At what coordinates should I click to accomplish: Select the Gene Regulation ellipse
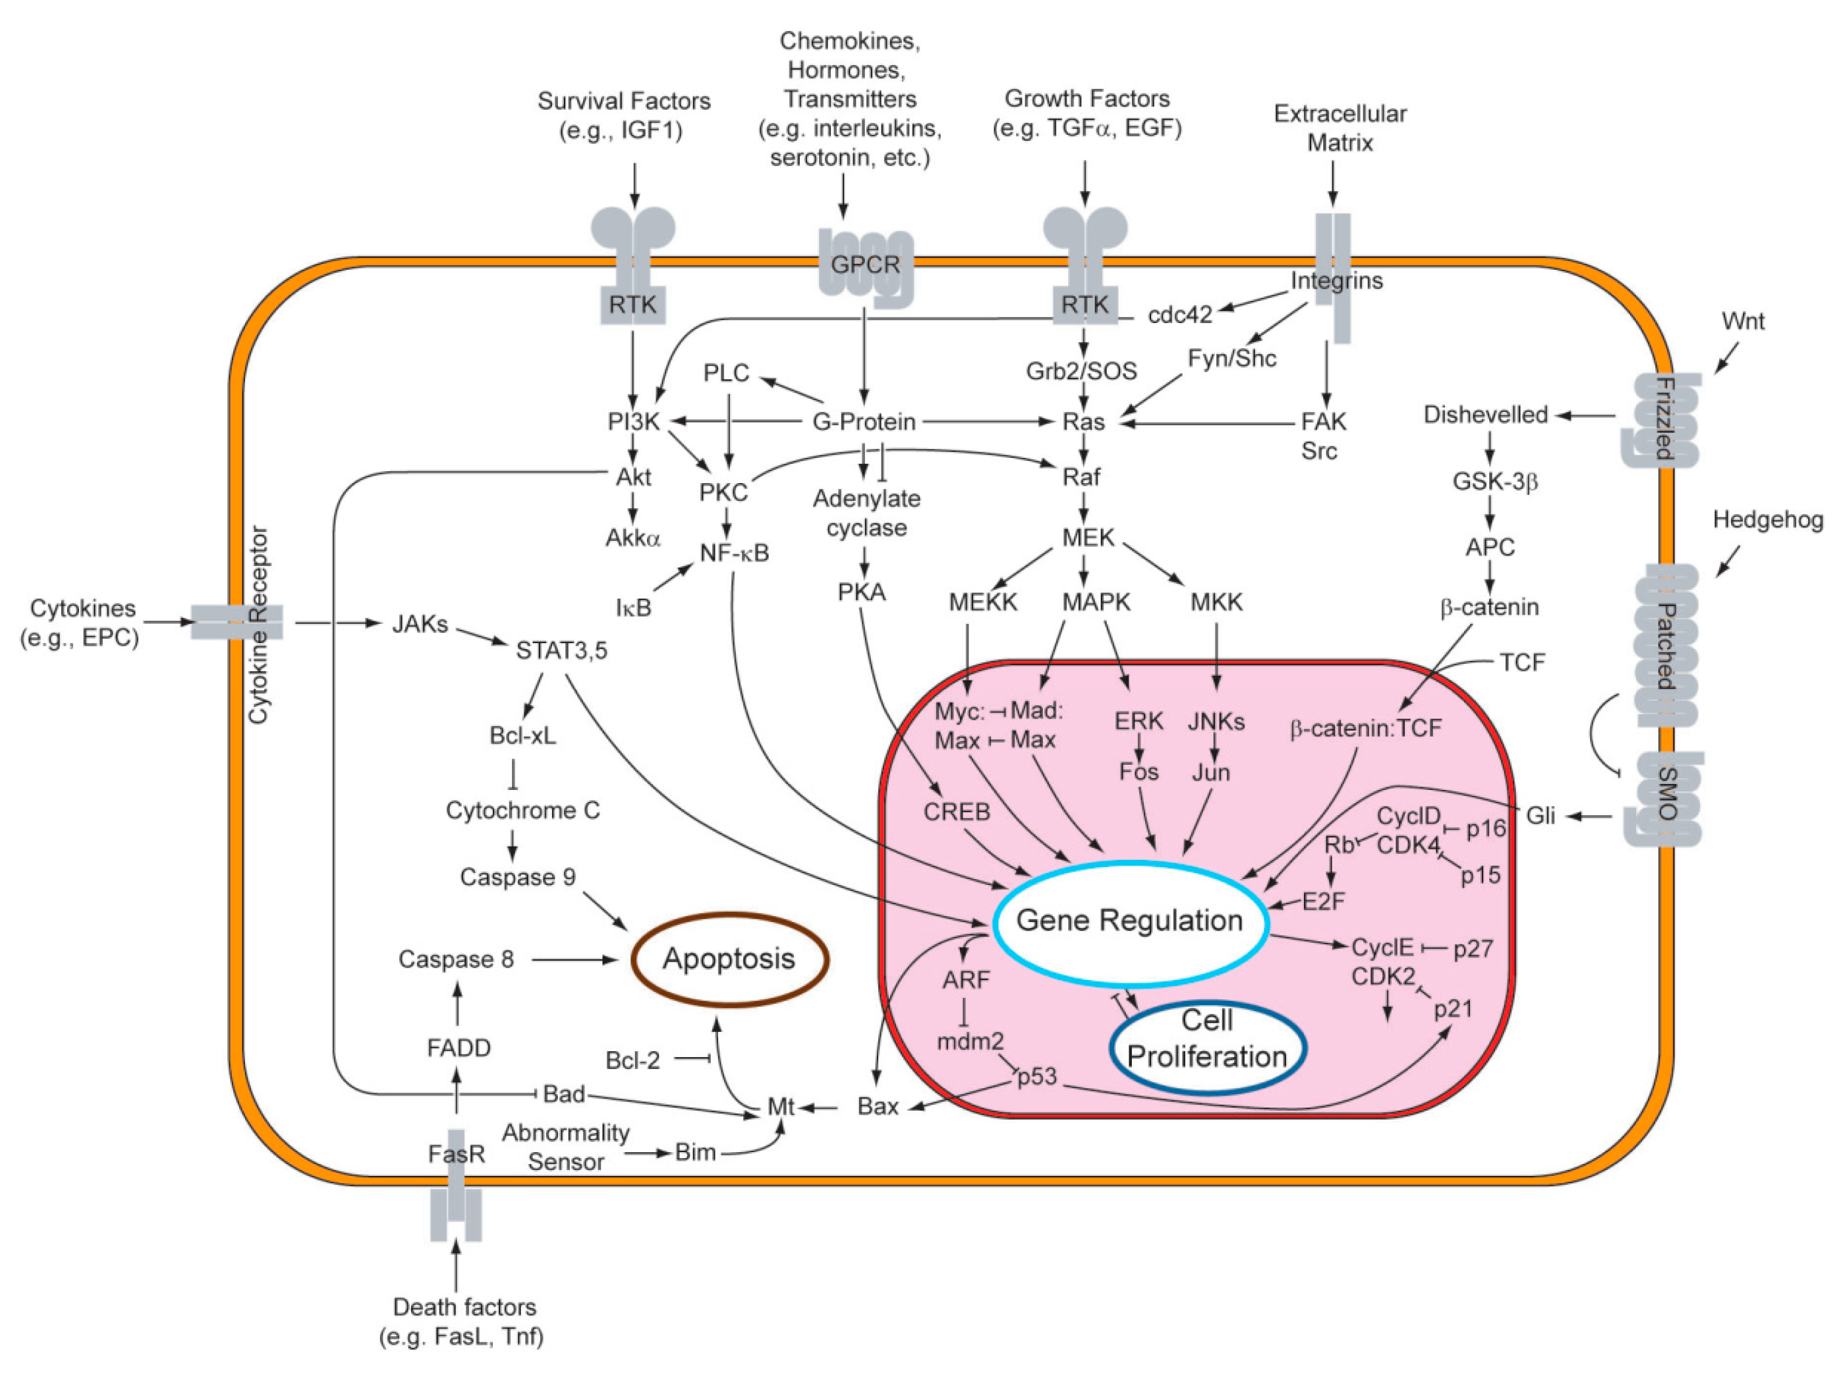(1129, 921)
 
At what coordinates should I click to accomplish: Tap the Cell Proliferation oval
(1207, 1039)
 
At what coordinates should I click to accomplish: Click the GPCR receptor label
(866, 265)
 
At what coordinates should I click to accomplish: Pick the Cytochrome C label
(523, 810)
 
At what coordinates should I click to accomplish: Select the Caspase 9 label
(518, 878)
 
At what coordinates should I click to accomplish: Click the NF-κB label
(734, 552)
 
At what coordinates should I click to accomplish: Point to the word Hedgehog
(1768, 520)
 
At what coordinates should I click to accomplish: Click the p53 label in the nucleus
(1037, 1076)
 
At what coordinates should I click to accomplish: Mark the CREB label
(957, 812)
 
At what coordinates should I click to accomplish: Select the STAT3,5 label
(561, 650)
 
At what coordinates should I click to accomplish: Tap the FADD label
(458, 1048)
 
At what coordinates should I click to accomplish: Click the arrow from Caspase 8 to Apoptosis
(575, 960)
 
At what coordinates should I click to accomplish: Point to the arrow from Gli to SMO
(1590, 816)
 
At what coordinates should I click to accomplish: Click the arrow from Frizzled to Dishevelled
(1586, 415)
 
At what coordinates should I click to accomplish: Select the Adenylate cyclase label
(866, 513)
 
